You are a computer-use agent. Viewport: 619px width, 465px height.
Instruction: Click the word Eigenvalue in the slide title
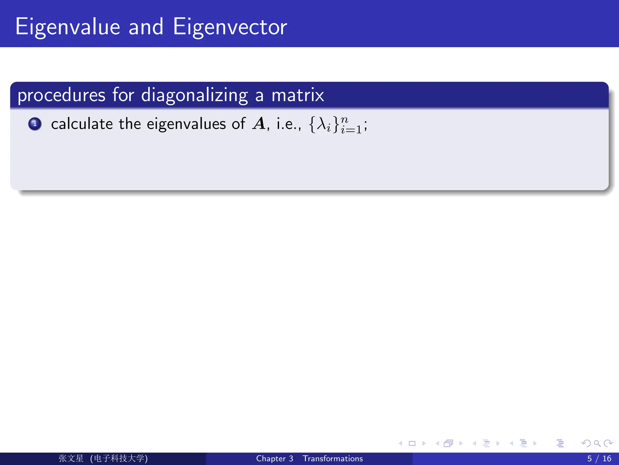[68, 27]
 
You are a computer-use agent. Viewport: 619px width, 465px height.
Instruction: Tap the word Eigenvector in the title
[230, 27]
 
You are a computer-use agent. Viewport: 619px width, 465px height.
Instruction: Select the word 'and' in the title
[146, 27]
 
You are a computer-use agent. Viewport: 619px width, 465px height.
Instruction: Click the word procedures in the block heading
[61, 95]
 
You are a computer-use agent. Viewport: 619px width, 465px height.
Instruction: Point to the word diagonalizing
[195, 95]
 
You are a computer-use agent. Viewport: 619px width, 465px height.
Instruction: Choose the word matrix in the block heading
[298, 95]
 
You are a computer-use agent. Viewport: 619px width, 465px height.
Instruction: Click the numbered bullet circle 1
[35, 124]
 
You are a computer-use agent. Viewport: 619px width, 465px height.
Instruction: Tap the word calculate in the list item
[82, 124]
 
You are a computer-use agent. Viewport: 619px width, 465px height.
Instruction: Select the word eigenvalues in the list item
[186, 124]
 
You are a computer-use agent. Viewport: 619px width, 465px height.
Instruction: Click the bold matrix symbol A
[259, 124]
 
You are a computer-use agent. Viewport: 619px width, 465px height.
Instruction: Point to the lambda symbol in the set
[321, 124]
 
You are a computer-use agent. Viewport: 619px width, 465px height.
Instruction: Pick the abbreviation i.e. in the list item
[288, 124]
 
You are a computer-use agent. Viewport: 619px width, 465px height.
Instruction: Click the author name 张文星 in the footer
[71, 458]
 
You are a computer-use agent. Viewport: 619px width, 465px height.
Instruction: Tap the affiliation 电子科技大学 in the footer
[119, 458]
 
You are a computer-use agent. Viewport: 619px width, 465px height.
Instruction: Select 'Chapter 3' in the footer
[274, 459]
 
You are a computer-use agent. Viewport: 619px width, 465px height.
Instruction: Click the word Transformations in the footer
[333, 459]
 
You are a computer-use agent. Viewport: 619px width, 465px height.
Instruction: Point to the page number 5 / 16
[599, 459]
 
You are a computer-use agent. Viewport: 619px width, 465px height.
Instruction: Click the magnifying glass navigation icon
[597, 444]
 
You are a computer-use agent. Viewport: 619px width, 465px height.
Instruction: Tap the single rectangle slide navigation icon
[412, 444]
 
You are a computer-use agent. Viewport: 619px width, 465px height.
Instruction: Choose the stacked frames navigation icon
[448, 444]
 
